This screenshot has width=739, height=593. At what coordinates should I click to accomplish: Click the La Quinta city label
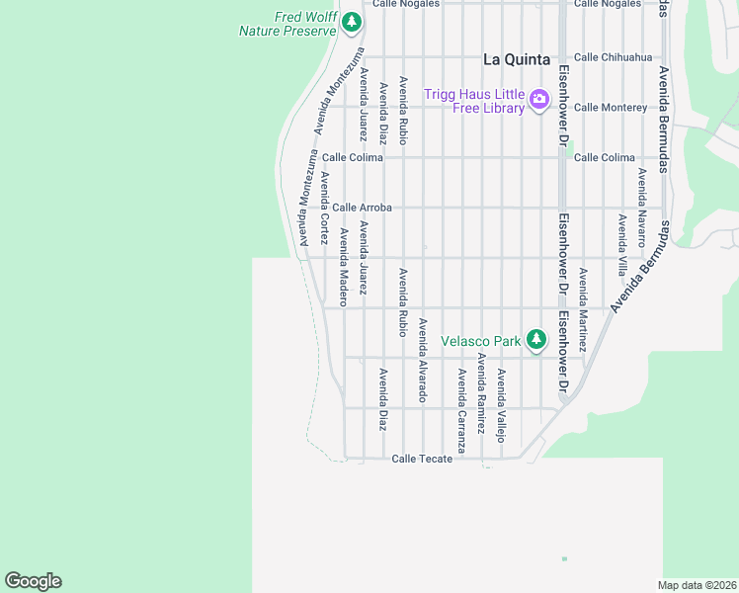516,59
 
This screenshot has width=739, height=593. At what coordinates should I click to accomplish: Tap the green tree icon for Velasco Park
536,340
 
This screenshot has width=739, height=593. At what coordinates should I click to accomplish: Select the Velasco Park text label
480,341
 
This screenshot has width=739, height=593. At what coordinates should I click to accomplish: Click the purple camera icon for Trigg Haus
539,99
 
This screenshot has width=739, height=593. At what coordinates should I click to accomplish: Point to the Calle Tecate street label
422,459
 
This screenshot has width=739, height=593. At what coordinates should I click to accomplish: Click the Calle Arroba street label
362,208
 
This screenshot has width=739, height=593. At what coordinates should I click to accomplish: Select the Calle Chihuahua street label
613,57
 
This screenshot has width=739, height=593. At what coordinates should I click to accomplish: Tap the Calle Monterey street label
610,107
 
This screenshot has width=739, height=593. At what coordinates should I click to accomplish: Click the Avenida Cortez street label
324,208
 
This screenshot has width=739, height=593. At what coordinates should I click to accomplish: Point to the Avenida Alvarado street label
422,360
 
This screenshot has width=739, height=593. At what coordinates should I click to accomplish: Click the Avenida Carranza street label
460,401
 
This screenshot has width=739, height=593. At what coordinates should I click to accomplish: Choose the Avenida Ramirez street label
481,393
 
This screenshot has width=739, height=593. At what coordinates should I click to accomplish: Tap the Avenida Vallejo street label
501,404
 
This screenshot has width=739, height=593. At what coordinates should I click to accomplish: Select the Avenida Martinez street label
583,310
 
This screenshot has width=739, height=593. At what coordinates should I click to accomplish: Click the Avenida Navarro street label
641,208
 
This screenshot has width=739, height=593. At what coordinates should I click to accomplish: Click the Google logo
33,581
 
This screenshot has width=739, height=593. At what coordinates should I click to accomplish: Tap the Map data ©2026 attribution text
698,585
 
